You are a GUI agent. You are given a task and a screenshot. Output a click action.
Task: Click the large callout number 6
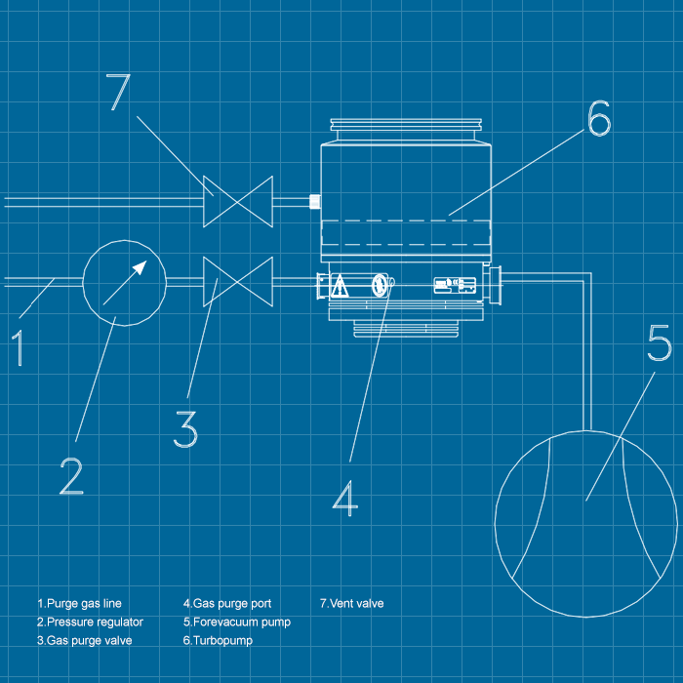coord(598,118)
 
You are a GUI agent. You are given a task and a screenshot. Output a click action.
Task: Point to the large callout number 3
coord(185,429)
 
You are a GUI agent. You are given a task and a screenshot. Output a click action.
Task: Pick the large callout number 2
coord(71,476)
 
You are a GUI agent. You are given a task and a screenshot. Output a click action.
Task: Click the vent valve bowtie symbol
coord(238,200)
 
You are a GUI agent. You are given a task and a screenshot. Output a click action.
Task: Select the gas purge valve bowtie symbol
coord(237,282)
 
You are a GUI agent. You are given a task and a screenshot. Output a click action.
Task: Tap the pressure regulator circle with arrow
coord(124,282)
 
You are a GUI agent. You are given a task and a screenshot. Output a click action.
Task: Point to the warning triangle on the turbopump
coord(340,286)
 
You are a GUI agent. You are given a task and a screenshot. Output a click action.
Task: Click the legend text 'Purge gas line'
coord(79,603)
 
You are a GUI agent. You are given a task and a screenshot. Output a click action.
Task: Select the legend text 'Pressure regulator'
coord(90,622)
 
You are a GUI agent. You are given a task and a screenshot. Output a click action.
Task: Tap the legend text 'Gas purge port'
coord(227,603)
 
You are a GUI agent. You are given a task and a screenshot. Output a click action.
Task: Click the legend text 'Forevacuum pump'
coord(236,622)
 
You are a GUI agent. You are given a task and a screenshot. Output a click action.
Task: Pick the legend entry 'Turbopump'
coord(219,641)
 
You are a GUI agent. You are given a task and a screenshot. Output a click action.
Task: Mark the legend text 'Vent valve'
coord(352,603)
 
